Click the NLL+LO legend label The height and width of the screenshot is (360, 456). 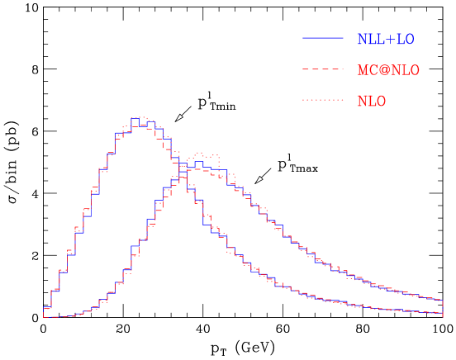(385, 39)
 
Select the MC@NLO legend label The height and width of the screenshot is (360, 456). (387, 70)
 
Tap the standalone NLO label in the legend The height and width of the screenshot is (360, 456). (371, 102)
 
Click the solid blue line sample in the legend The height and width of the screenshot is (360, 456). (322, 39)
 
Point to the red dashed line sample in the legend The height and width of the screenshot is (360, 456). (322, 69)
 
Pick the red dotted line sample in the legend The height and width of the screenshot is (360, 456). (322, 101)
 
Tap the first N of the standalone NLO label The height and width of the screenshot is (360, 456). (362, 102)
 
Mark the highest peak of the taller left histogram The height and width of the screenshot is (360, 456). (140, 118)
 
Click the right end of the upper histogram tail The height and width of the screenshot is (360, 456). (443, 299)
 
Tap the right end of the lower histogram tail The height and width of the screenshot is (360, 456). (443, 313)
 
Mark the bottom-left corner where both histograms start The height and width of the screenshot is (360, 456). (44, 316)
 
